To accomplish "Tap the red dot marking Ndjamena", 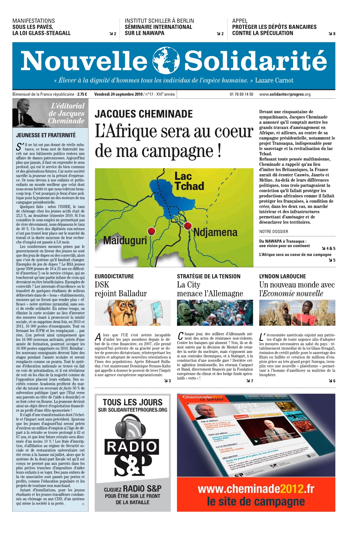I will (x=188, y=226).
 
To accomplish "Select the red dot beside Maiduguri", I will (x=152, y=231).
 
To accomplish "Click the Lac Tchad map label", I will (x=189, y=181).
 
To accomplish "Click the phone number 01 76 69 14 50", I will (x=241, y=94).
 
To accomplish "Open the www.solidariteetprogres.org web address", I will (x=285, y=94).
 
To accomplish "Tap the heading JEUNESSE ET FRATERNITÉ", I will (x=46, y=135).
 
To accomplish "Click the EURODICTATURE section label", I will (x=114, y=276).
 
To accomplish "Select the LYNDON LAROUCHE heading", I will (x=283, y=276).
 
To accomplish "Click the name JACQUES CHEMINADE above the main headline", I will (x=144, y=114).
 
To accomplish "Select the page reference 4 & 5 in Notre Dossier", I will (x=329, y=249).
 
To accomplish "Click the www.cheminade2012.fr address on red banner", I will (x=256, y=489).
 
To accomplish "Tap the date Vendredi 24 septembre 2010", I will (x=118, y=94).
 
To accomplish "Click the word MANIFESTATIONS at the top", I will (x=34, y=21).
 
